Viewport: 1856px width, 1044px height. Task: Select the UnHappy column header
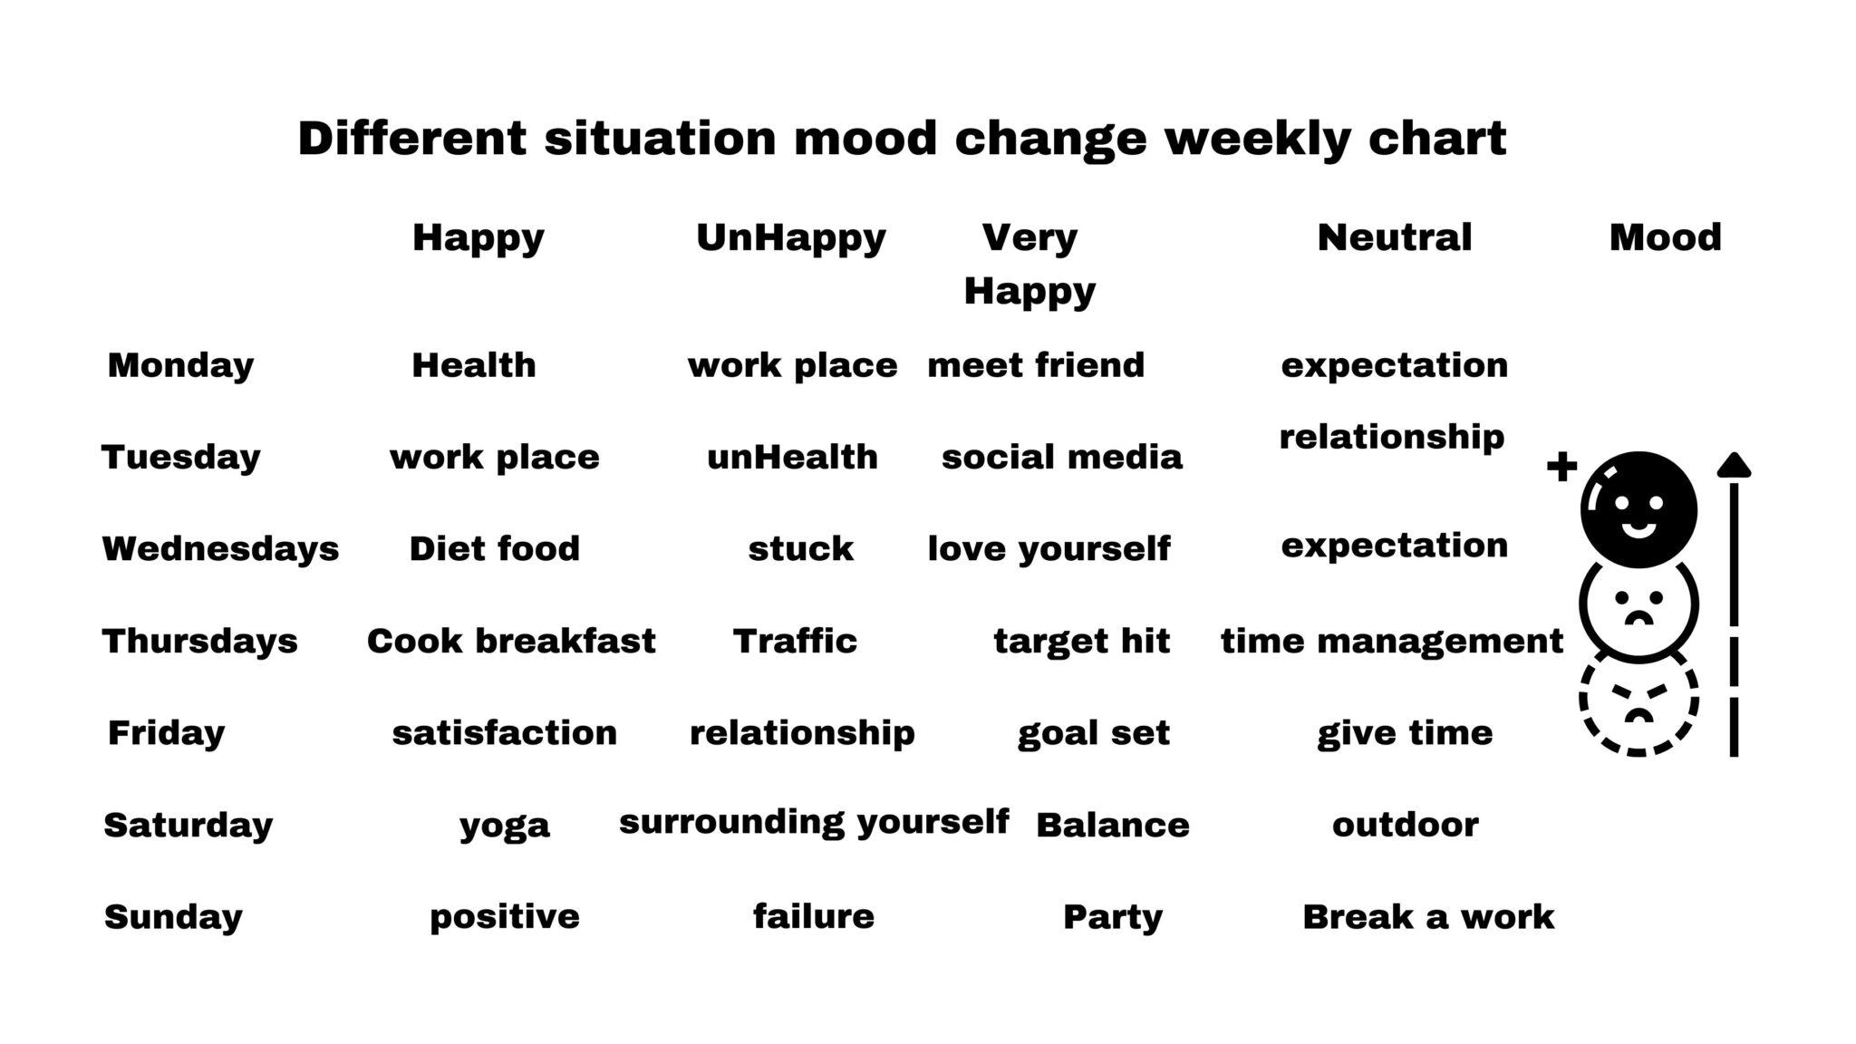790,237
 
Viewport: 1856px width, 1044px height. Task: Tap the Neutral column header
1394,237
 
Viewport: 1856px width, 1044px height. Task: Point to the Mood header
1665,237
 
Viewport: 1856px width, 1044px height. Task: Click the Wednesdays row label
220,548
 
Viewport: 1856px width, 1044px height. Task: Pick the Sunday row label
173,916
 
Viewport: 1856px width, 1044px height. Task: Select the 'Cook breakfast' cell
511,641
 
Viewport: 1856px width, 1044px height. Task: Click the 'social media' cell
1061,457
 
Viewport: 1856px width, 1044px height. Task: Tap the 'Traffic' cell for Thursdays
795,641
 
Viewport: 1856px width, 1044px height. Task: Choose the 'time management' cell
1392,641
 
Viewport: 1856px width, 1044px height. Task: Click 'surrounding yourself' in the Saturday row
814,822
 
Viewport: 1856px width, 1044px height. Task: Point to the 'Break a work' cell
1428,916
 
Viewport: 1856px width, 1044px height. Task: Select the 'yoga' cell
505,825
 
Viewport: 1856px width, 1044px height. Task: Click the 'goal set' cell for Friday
1093,732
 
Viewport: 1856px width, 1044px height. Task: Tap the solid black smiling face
1638,509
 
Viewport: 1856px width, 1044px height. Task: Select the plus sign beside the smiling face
1561,467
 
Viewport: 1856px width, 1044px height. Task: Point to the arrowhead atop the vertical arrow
1734,465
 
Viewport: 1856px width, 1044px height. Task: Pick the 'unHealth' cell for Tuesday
792,457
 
